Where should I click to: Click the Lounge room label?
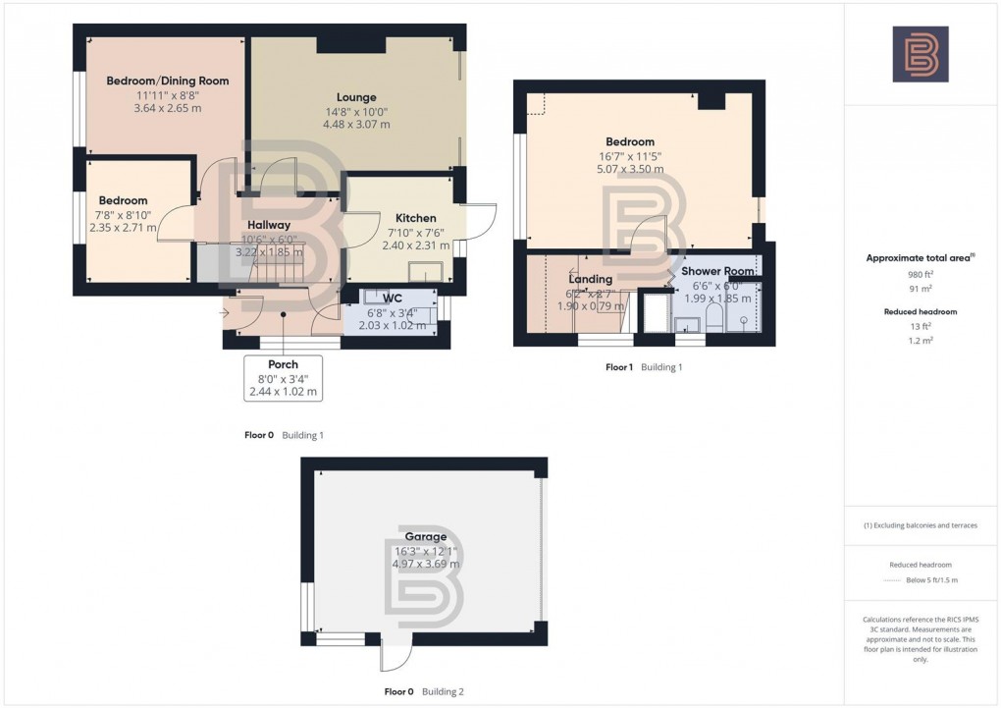[x=356, y=97]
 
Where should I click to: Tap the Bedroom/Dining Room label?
[x=167, y=81]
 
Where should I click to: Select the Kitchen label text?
[x=415, y=218]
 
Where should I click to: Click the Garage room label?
[x=425, y=537]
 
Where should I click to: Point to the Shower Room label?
[x=717, y=271]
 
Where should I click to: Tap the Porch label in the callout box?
[x=283, y=364]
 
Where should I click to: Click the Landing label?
[x=589, y=279]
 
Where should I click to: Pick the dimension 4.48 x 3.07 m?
[x=356, y=125]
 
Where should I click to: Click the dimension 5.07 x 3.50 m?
[x=629, y=169]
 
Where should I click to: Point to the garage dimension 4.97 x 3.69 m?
[x=425, y=564]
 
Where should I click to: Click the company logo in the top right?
[x=920, y=54]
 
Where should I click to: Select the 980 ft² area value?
[x=920, y=275]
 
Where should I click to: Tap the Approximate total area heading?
[x=918, y=258]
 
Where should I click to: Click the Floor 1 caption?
[x=619, y=366]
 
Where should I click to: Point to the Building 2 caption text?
[x=443, y=691]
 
